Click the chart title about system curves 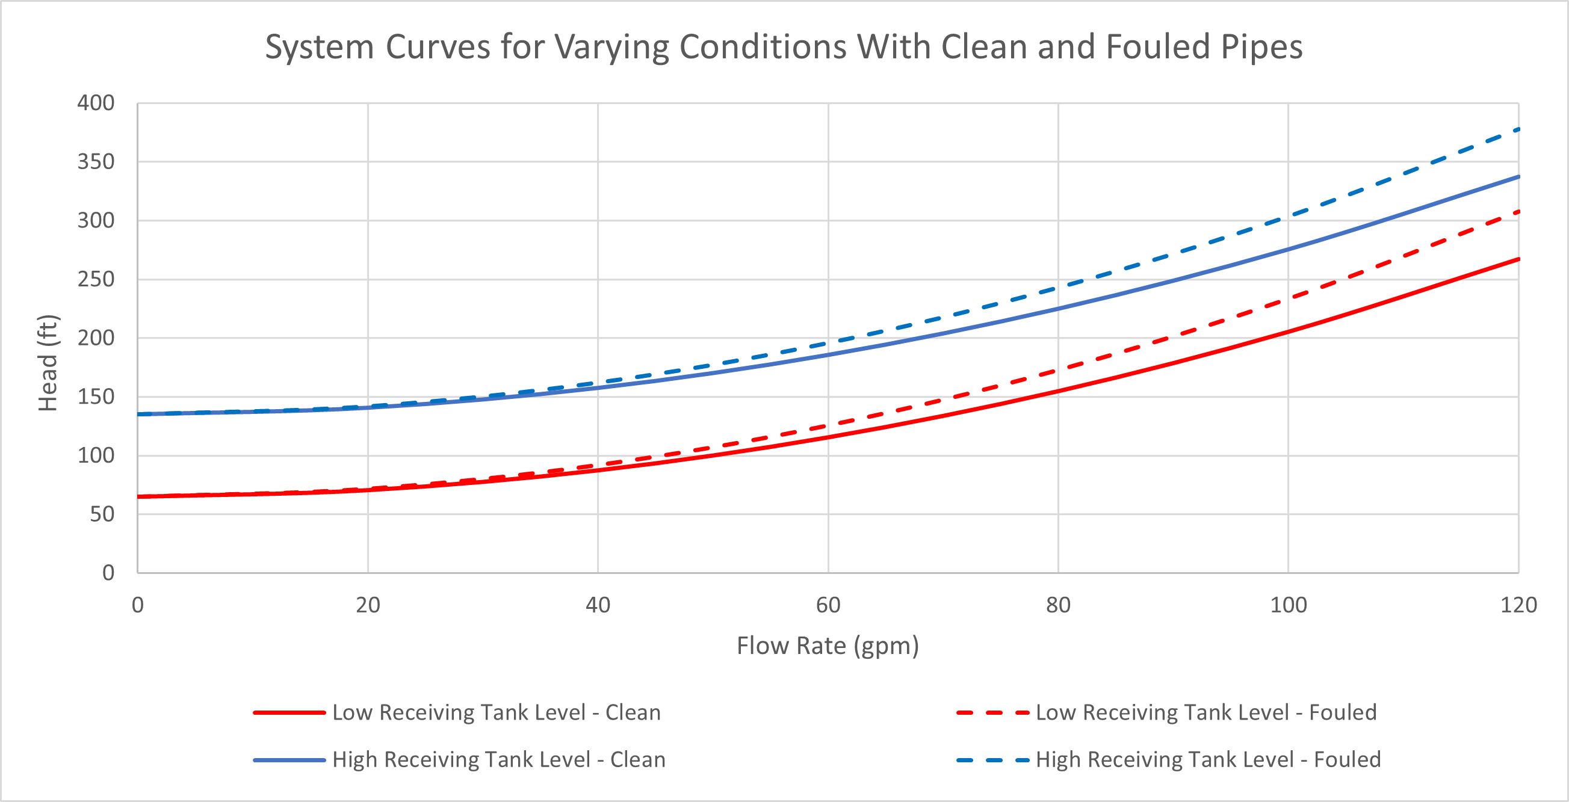click(x=784, y=47)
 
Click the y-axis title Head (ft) click(x=48, y=363)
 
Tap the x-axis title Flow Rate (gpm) click(x=828, y=646)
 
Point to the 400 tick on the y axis click(x=96, y=103)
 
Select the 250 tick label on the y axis click(x=96, y=280)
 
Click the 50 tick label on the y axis click(x=102, y=514)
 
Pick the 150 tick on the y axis click(x=96, y=397)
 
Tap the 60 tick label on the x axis click(x=828, y=605)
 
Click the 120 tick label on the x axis click(x=1518, y=605)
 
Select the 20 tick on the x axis click(x=368, y=605)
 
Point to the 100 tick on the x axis click(x=1288, y=605)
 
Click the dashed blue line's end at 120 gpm click(x=1517, y=130)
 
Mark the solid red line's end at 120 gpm click(x=1517, y=259)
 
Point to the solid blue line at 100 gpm click(x=1288, y=249)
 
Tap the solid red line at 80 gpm click(x=1058, y=391)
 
